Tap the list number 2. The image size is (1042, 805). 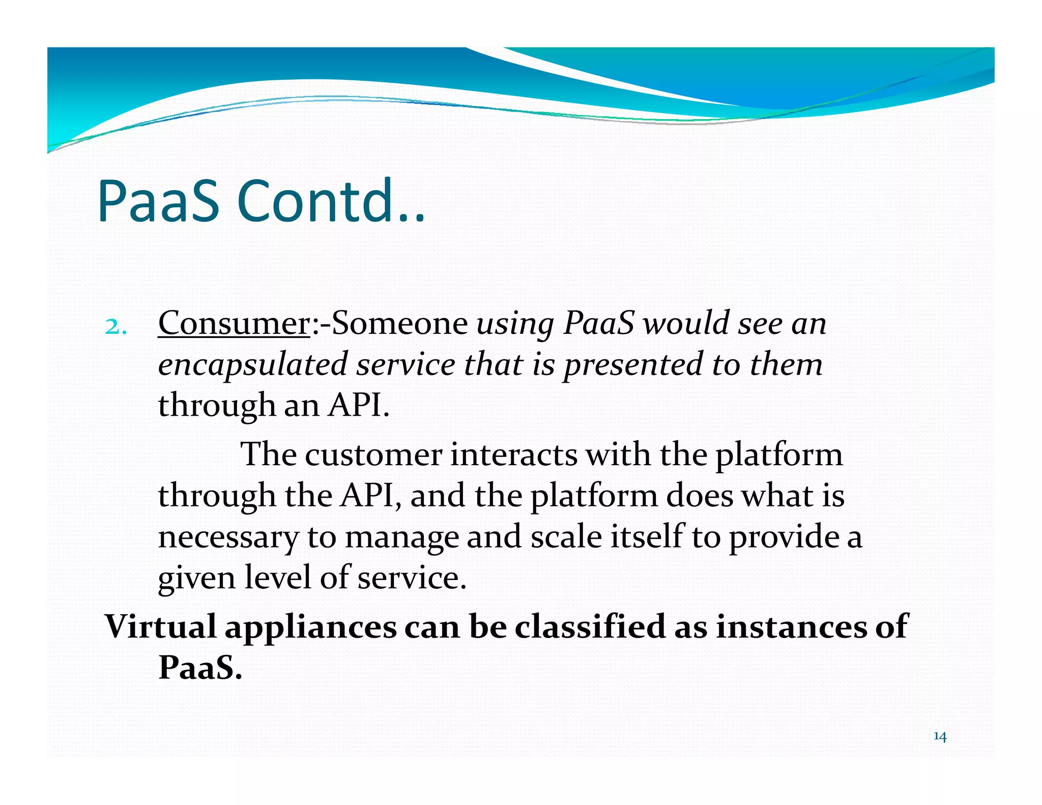point(115,327)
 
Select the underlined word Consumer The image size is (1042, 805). point(234,323)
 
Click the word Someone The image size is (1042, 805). point(399,323)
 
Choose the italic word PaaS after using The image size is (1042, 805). point(599,323)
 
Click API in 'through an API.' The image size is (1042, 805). point(359,406)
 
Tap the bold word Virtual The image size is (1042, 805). point(160,626)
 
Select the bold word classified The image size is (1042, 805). point(590,626)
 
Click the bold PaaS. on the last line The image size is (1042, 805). point(200,668)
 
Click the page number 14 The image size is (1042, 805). point(940,737)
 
